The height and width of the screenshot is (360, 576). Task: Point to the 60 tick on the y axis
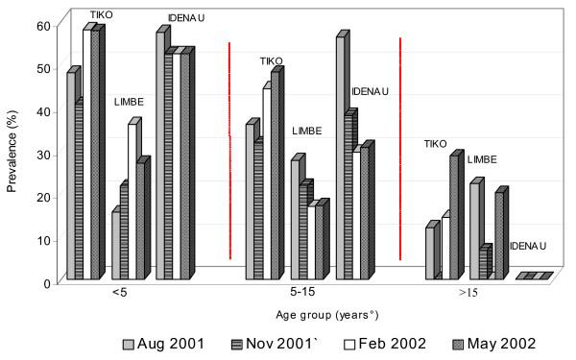pos(41,26)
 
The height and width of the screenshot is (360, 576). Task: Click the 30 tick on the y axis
pos(41,155)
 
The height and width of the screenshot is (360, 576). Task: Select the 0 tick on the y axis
pos(44,282)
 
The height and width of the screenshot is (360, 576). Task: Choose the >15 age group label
pos(467,292)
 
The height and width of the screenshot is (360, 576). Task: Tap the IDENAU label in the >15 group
pos(527,246)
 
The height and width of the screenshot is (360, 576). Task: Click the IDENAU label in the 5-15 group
pos(369,91)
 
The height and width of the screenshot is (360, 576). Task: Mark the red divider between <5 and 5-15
pos(228,150)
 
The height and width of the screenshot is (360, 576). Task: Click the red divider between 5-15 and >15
pos(399,148)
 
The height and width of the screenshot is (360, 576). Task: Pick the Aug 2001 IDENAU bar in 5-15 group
pos(340,158)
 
